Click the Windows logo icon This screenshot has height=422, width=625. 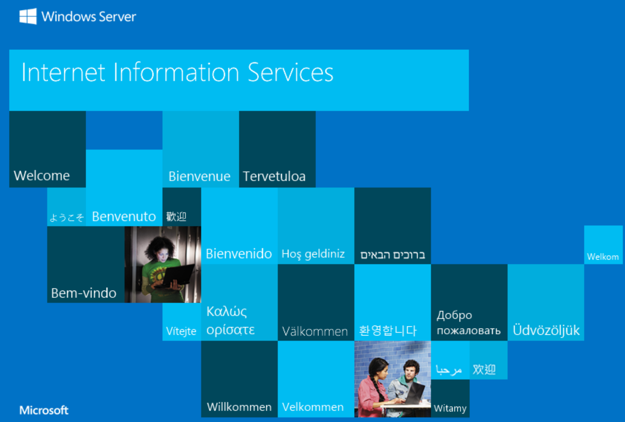tap(28, 16)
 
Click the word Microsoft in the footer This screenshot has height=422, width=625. tap(44, 410)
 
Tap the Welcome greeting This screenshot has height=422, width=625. tap(42, 175)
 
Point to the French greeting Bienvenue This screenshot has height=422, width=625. tap(199, 176)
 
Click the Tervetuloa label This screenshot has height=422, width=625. tap(274, 176)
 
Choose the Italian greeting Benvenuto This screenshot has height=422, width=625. tap(124, 216)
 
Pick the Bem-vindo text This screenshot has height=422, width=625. tap(84, 293)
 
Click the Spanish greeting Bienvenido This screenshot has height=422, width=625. tap(239, 254)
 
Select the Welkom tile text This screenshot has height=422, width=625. tap(603, 257)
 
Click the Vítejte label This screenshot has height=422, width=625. tap(181, 331)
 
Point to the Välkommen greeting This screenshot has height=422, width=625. tap(315, 331)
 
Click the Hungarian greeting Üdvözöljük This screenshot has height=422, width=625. tap(546, 330)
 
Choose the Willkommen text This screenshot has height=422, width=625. tap(239, 407)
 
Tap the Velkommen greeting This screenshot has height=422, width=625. tap(313, 407)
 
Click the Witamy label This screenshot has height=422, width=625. tap(450, 408)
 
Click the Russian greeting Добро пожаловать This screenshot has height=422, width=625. tap(469, 323)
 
